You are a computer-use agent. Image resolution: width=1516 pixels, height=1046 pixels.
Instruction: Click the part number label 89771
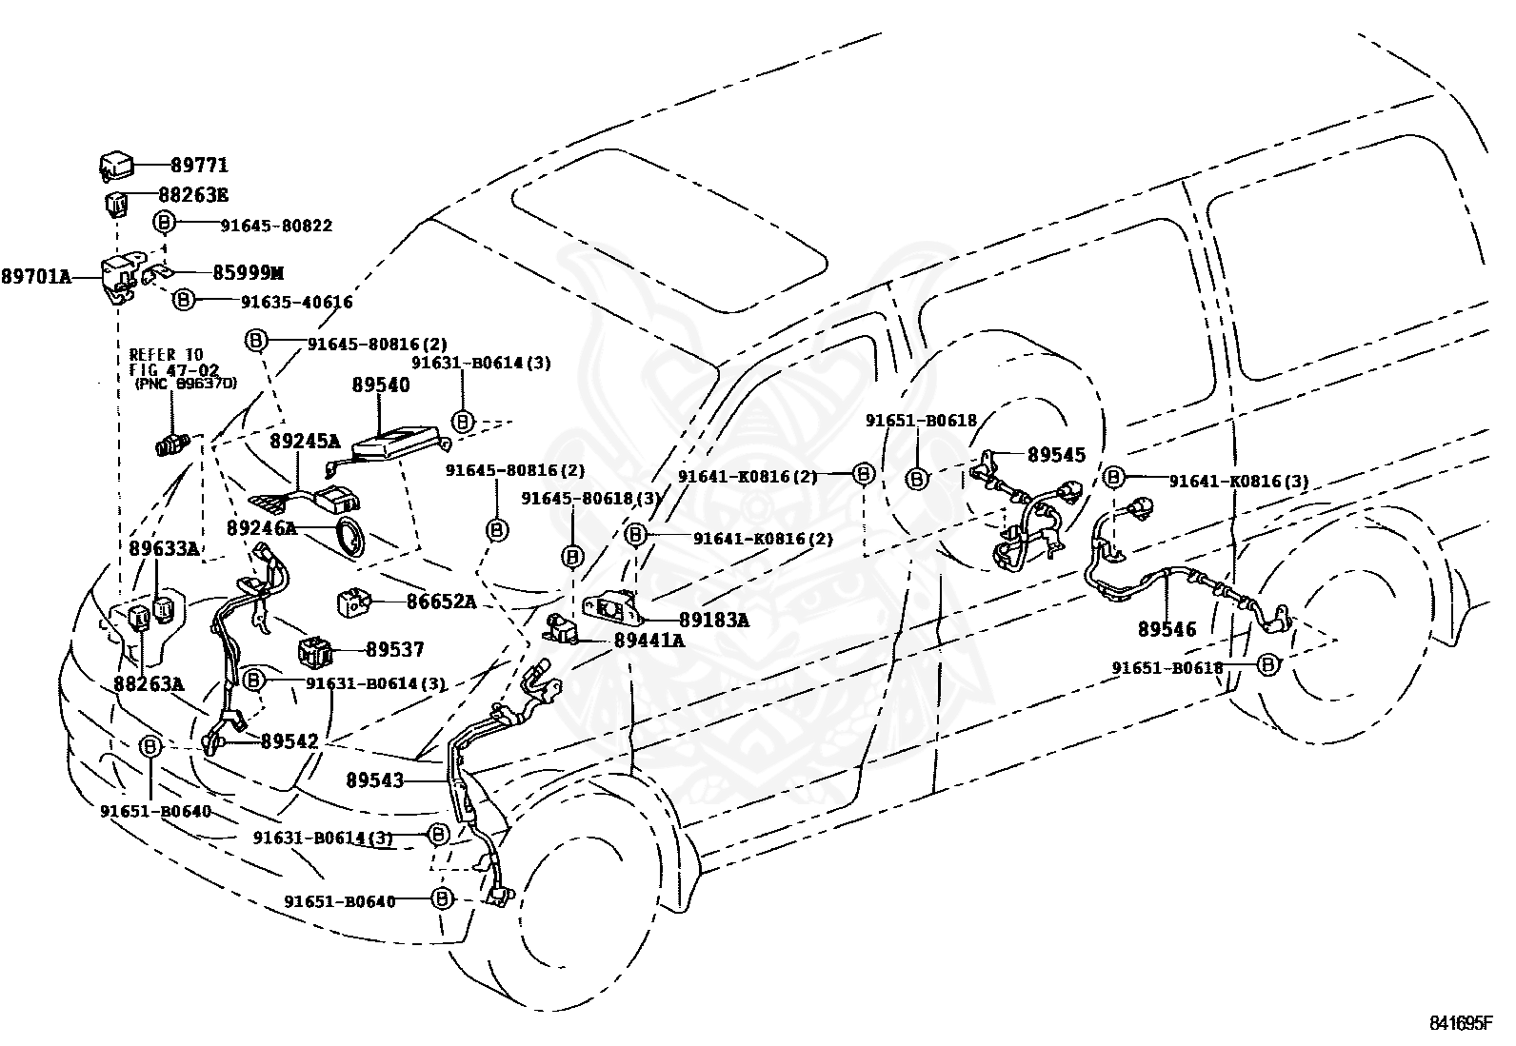click(199, 165)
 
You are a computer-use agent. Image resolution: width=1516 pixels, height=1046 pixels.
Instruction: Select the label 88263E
click(193, 195)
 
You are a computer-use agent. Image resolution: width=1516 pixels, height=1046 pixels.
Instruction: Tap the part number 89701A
click(36, 277)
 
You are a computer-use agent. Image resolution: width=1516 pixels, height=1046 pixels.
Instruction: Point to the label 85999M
click(248, 272)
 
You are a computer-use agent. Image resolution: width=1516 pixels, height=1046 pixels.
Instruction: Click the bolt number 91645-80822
click(276, 226)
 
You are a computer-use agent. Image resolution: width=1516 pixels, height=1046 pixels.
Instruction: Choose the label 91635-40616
click(297, 302)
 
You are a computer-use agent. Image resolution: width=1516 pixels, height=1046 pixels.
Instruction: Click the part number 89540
click(380, 385)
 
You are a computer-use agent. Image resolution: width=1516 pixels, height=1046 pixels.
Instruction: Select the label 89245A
click(305, 442)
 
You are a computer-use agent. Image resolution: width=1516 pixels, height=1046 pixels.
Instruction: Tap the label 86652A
click(441, 602)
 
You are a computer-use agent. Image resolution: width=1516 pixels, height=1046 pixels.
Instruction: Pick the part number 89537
click(395, 649)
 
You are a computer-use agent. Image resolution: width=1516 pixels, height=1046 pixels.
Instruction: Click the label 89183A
click(714, 620)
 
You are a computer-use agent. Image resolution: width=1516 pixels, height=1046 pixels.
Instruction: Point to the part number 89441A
click(649, 640)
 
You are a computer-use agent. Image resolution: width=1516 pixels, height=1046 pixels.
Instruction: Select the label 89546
click(1167, 629)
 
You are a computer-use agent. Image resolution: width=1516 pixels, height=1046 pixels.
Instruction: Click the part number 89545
click(1056, 455)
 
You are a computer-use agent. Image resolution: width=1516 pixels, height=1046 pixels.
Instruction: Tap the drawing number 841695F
click(1461, 1022)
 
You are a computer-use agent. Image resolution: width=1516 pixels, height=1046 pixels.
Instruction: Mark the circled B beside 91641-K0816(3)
click(1113, 477)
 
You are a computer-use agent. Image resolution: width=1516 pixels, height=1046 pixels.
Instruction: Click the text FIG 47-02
click(174, 370)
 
